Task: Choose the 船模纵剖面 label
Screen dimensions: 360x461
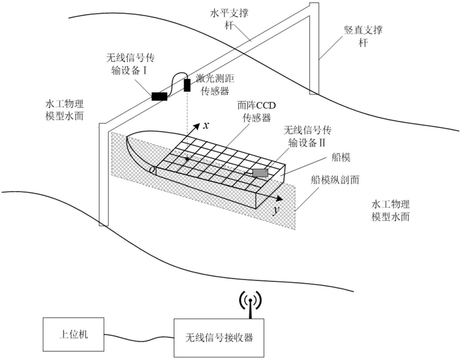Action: (x=341, y=179)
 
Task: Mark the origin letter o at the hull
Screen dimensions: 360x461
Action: (x=151, y=170)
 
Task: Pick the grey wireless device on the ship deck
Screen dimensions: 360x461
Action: (x=260, y=172)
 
